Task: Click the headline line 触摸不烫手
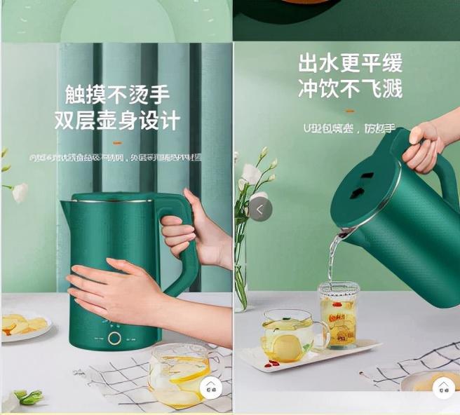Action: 117,95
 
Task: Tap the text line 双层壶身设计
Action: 117,120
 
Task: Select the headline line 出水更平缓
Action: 350,63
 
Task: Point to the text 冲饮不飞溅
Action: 350,88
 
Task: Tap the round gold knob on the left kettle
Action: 115,338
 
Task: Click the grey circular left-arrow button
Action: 260,209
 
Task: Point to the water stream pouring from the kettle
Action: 334,256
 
